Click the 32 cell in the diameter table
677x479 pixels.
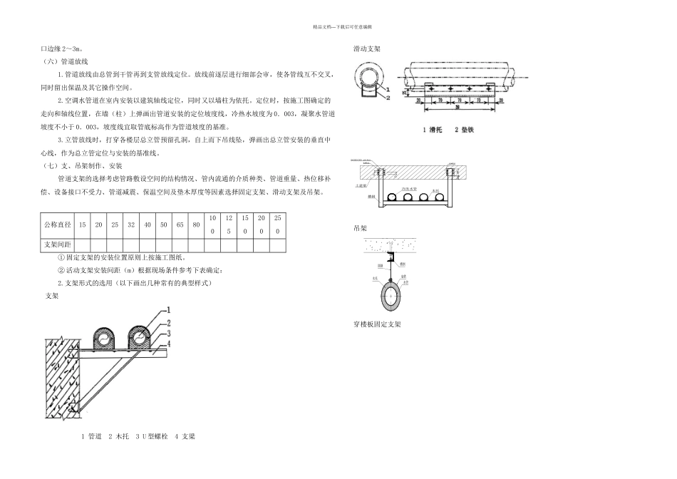pyautogui.click(x=131, y=225)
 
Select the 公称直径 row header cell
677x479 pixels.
pyautogui.click(x=57, y=225)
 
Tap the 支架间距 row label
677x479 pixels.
pyautogui.click(x=57, y=244)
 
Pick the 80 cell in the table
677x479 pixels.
pyautogui.click(x=196, y=225)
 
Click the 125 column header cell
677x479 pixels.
pyautogui.click(x=228, y=225)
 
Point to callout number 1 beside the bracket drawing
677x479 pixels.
pyautogui.click(x=168, y=310)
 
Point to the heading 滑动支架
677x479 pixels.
pyautogui.click(x=367, y=50)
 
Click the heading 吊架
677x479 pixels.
pyautogui.click(x=361, y=229)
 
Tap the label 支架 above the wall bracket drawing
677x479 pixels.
pyautogui.click(x=51, y=294)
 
